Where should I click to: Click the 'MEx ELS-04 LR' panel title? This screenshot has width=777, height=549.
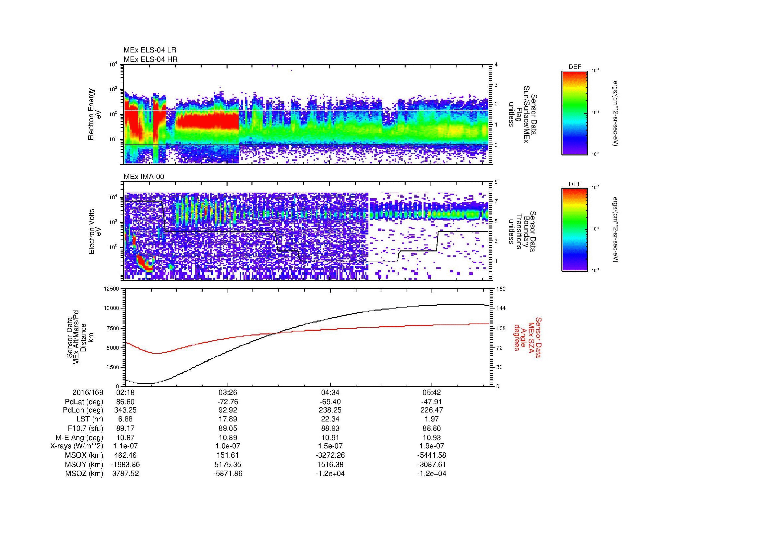point(149,50)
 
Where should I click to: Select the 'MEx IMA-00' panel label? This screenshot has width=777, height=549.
point(144,177)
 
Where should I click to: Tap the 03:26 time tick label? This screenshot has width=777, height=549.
point(228,393)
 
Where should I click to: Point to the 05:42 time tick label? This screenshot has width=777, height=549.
point(432,393)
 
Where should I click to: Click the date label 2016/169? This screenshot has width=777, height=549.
point(88,393)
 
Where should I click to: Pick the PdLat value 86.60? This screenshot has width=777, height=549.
point(125,402)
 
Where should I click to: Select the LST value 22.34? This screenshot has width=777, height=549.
point(330,419)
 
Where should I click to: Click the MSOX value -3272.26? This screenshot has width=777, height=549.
point(330,455)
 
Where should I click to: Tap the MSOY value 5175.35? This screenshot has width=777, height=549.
point(228,464)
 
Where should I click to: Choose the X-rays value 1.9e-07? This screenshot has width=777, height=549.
point(432,446)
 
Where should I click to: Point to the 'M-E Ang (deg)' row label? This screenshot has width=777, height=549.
point(79,437)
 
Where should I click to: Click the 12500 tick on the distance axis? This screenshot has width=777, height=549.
point(111,289)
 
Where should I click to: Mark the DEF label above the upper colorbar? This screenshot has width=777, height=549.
point(574,67)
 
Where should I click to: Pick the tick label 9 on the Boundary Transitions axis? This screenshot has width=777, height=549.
point(496,182)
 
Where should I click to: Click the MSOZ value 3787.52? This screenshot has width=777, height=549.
point(125,474)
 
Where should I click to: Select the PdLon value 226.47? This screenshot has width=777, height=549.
point(432,410)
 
